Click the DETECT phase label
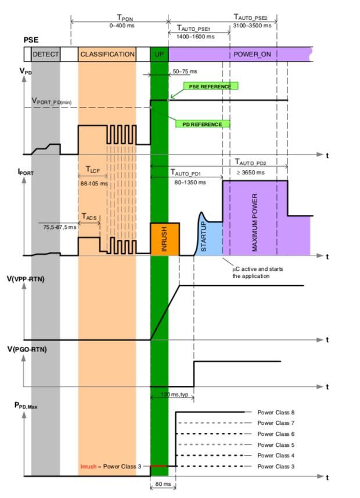click(x=46, y=54)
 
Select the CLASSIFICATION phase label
click(x=107, y=54)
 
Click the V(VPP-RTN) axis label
click(x=41, y=280)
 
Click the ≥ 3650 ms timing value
click(x=250, y=172)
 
